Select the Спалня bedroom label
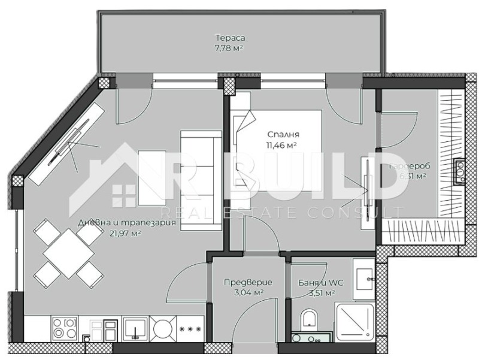283,135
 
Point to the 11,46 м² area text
283,144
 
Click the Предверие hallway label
248,283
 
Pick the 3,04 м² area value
248,292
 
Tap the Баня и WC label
316,283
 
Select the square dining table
68,252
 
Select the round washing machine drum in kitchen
162,328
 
